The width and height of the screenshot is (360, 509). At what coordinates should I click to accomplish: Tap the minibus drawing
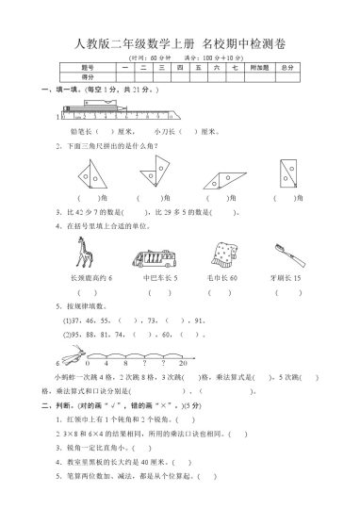click(155, 257)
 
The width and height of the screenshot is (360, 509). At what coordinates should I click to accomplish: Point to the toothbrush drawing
click(284, 253)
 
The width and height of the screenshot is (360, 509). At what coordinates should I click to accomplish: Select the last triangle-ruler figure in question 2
click(287, 173)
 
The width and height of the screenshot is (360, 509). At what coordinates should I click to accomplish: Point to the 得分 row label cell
click(89, 77)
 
